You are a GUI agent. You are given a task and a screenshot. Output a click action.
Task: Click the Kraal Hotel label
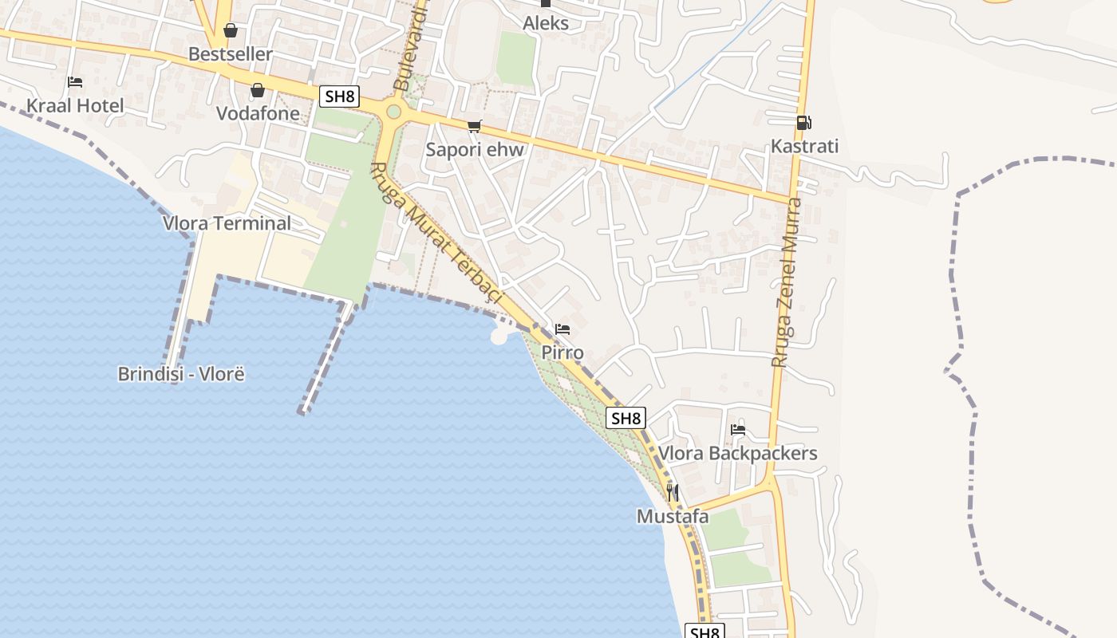click(75, 106)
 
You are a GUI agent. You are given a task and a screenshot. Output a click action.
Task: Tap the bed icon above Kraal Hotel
click(75, 81)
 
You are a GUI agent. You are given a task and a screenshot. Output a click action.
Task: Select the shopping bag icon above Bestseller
click(231, 30)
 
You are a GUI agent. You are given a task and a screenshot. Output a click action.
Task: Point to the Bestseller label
click(231, 54)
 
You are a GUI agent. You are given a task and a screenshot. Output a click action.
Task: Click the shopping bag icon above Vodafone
click(257, 90)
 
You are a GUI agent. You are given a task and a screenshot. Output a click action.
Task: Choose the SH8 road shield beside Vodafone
click(340, 96)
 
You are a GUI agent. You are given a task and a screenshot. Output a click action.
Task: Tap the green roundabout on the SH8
click(393, 112)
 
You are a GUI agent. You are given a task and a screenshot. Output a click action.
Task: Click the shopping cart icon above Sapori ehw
click(475, 125)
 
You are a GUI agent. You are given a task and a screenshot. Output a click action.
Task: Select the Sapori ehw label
click(475, 149)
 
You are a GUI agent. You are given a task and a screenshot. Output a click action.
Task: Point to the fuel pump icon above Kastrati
click(803, 122)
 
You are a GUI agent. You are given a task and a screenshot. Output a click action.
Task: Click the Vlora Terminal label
click(227, 223)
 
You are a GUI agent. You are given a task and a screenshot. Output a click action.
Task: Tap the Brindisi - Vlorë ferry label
click(181, 373)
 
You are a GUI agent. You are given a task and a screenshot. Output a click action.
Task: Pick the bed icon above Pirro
click(562, 329)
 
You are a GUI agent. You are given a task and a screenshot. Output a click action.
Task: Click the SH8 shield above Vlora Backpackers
click(626, 418)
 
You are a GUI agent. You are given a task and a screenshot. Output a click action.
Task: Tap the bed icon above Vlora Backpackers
click(738, 429)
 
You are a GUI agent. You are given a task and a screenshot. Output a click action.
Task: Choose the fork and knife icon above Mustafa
click(673, 492)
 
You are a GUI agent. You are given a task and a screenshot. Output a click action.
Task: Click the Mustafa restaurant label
click(673, 517)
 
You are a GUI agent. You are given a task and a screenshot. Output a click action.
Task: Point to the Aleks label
click(546, 23)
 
